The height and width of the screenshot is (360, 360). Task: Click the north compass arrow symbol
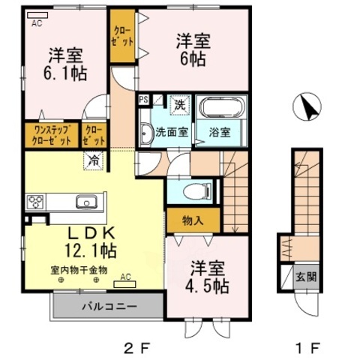[x=307, y=108]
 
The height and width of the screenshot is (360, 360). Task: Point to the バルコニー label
[x=108, y=307]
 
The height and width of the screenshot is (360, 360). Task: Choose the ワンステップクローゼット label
[x=52, y=135]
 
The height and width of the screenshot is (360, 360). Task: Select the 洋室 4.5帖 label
[x=203, y=276]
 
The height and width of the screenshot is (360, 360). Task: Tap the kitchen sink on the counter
[x=85, y=202]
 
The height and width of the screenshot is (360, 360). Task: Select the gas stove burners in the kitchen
[x=36, y=202]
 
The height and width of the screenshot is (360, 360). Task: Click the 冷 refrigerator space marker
[x=94, y=159]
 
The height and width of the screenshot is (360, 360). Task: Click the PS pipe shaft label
[x=143, y=98]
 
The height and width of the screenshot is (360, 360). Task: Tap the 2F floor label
[x=137, y=346]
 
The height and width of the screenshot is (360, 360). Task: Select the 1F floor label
[x=308, y=346]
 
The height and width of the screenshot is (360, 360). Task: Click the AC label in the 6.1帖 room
[x=36, y=23]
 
